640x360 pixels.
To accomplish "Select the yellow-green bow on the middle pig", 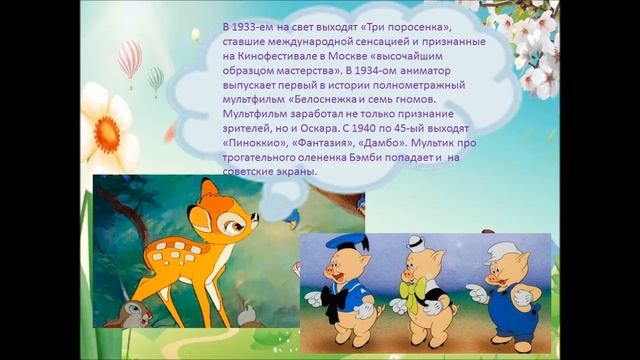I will tap(412, 289).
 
